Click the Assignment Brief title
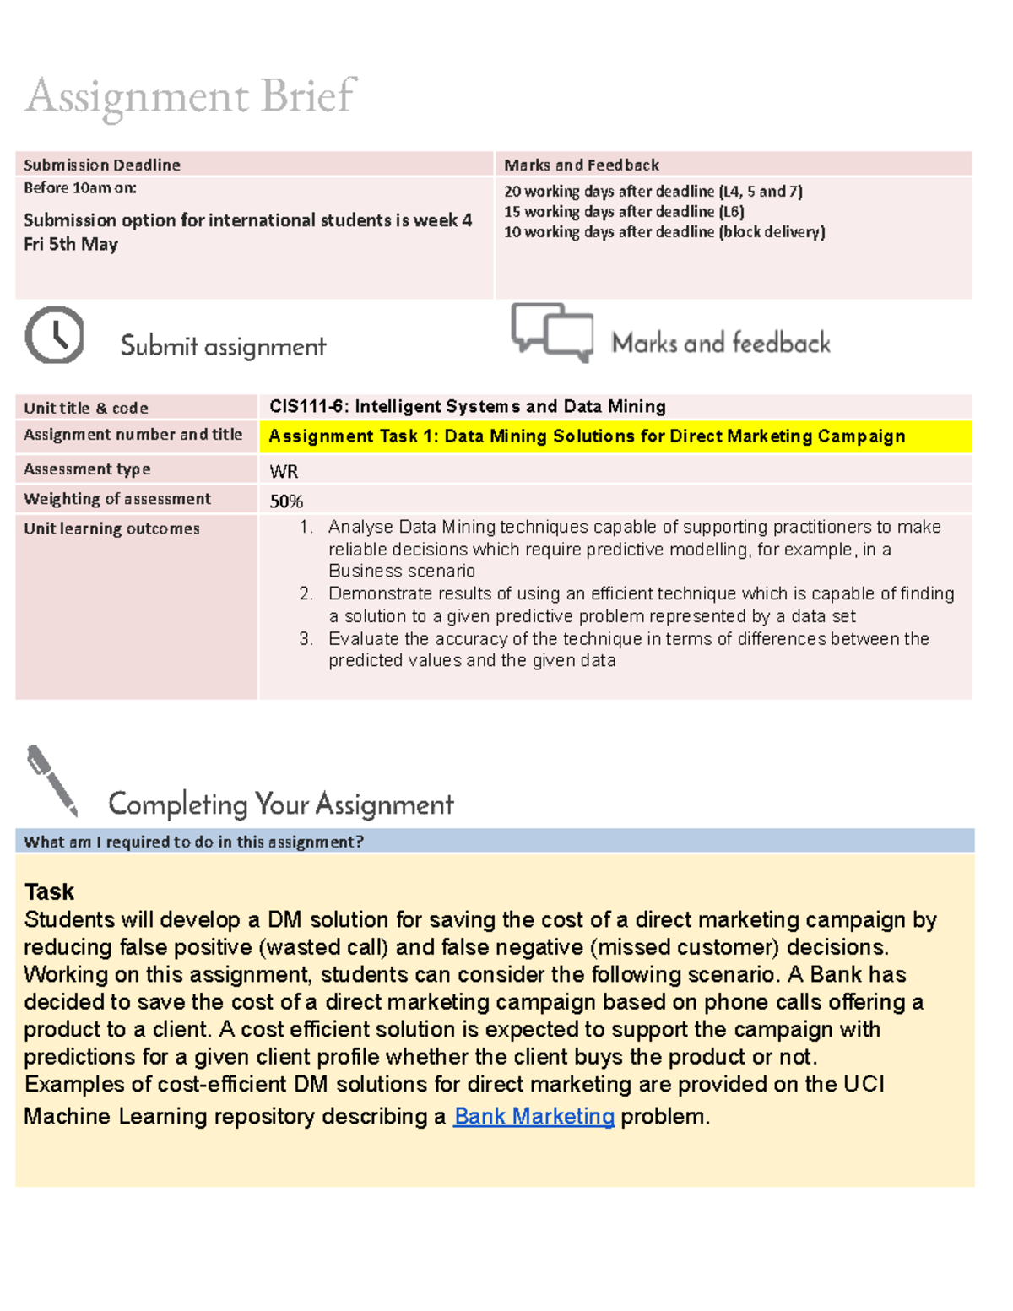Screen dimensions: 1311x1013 tap(191, 96)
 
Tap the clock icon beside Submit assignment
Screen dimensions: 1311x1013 tap(55, 336)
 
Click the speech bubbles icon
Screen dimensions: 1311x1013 tap(552, 333)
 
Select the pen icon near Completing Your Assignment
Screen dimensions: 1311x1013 tap(52, 781)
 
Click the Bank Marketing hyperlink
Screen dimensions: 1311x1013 tap(534, 1116)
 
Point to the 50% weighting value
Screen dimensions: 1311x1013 tap(286, 501)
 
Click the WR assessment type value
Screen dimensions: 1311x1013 tap(284, 471)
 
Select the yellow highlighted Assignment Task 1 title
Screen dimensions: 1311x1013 tap(587, 436)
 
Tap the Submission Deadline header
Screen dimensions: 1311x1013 tap(102, 165)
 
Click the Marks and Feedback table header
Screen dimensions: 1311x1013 tap(582, 165)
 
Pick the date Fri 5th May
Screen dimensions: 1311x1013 tap(71, 245)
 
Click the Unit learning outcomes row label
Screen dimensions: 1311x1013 tap(111, 528)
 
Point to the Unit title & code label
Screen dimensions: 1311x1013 tap(86, 408)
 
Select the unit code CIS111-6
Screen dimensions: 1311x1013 tap(306, 407)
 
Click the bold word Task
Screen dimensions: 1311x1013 tap(49, 891)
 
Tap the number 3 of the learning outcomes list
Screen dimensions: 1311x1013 tap(306, 639)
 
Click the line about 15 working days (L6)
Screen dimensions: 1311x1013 tap(624, 212)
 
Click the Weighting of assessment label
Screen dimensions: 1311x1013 tap(117, 499)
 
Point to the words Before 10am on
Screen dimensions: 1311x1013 tap(80, 188)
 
